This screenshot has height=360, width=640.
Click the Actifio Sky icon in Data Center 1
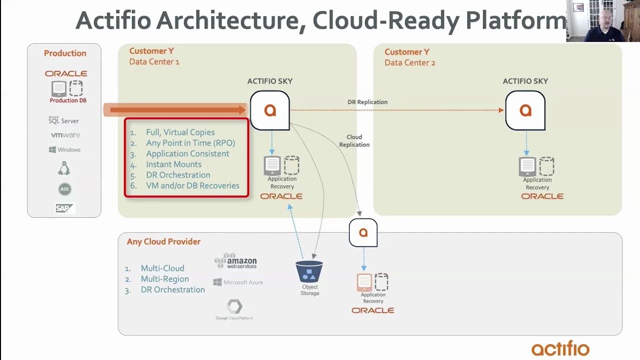point(270,110)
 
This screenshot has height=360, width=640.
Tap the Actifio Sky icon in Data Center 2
point(525,110)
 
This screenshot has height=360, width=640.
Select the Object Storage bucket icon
point(309,271)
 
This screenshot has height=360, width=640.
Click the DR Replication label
point(367,102)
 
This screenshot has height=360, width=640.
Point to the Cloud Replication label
point(354,141)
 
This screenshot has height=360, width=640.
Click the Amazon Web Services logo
point(235,261)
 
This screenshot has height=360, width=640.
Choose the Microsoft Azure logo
point(238,282)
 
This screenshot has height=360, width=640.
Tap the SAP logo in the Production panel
point(64,208)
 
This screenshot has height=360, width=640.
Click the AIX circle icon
point(64,189)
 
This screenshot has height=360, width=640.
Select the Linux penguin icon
point(64,168)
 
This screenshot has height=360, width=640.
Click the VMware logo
point(65,135)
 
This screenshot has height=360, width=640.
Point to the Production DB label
point(68,100)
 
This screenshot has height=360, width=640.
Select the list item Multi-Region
point(164,279)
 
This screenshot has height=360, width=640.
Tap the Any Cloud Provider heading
point(163,241)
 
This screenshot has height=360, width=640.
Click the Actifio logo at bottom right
point(560,348)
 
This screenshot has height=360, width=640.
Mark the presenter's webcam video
point(603,21)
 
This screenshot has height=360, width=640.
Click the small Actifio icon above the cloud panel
point(363,232)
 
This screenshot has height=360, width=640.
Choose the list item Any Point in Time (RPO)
point(190,143)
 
